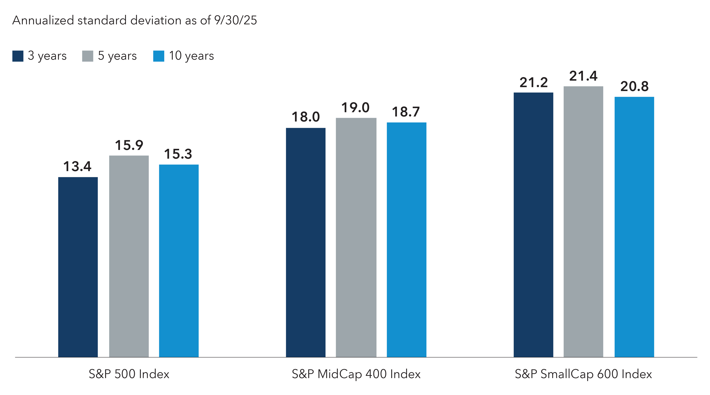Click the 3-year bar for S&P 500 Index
[78, 267]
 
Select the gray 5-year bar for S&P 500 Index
[129, 256]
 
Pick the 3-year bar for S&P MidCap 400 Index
[305, 242]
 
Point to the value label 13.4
[77, 166]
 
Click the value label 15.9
[129, 145]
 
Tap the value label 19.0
[355, 108]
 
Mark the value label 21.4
[583, 76]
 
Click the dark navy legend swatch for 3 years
[18, 56]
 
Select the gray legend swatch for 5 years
[88, 56]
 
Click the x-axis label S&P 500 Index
[129, 374]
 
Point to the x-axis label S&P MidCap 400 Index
[356, 374]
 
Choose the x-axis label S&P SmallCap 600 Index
[583, 374]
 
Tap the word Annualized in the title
[43, 20]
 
